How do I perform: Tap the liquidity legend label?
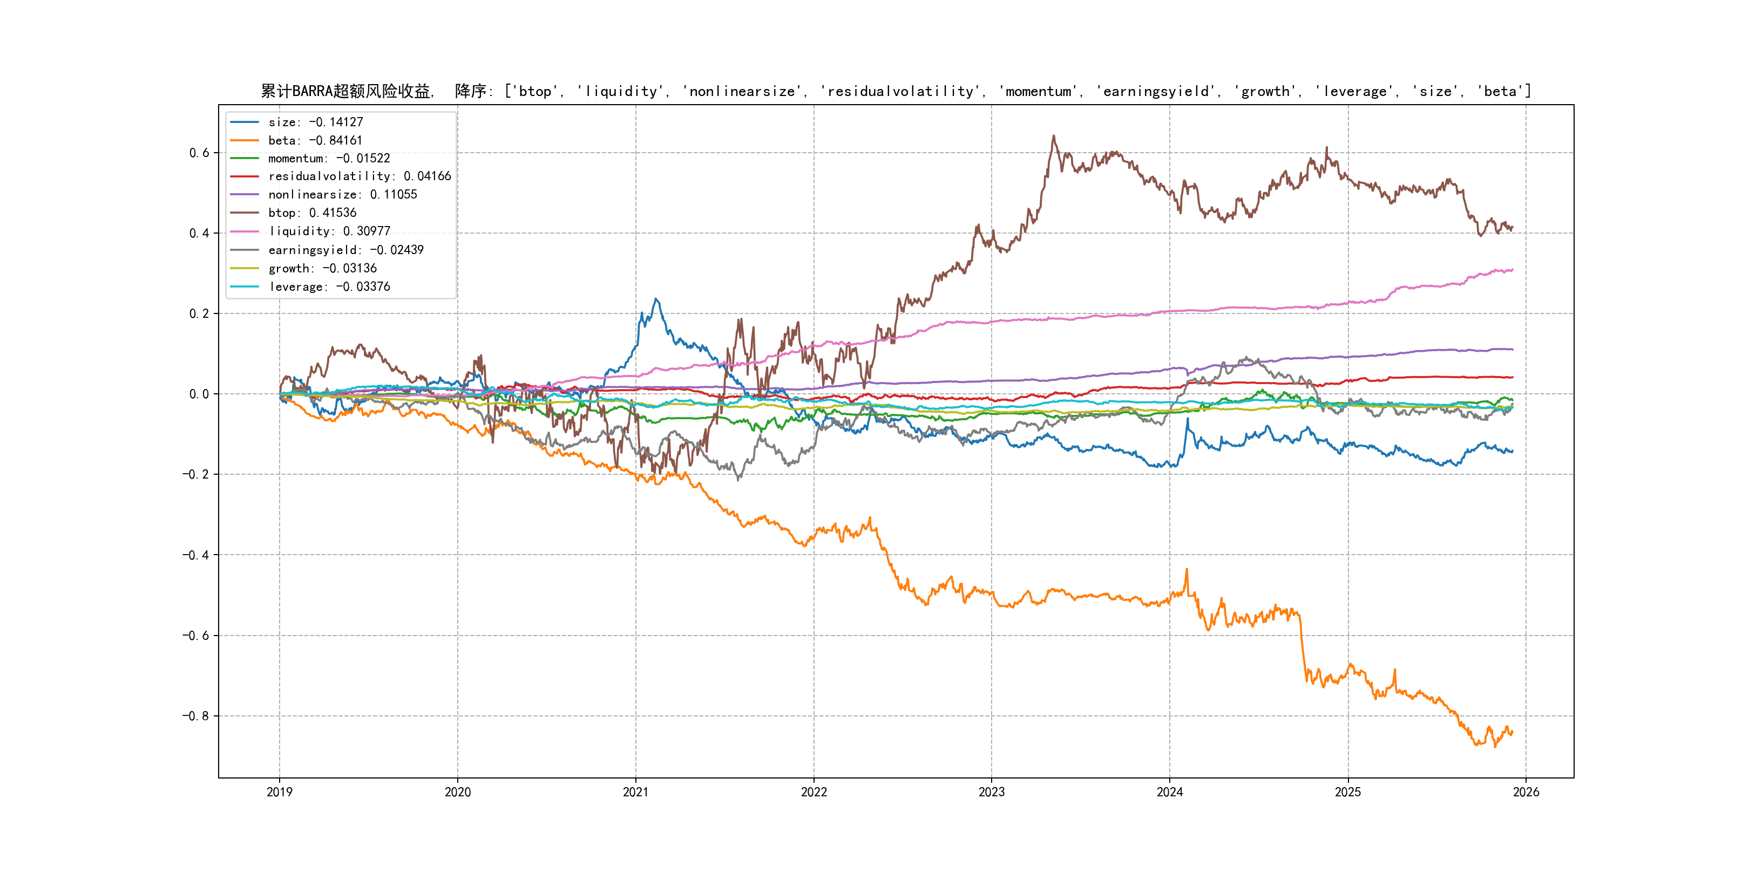click(x=329, y=231)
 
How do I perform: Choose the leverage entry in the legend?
click(x=329, y=287)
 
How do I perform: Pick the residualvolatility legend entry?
click(x=359, y=176)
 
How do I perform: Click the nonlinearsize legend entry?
click(x=342, y=195)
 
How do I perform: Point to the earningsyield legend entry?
click(x=345, y=250)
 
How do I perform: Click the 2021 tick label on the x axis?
click(x=635, y=792)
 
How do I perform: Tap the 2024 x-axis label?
click(x=1170, y=792)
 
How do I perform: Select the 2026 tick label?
click(x=1526, y=792)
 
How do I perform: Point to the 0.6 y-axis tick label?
click(x=199, y=153)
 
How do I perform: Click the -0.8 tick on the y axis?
click(x=195, y=716)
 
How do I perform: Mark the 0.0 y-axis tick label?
click(x=199, y=394)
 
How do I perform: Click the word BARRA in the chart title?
click(x=313, y=91)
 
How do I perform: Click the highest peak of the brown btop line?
click(x=1054, y=136)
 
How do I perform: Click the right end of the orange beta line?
click(x=1513, y=732)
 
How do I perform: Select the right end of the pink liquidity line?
click(x=1513, y=270)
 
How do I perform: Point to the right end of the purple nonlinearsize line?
click(x=1513, y=350)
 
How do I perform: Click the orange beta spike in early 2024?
click(x=1187, y=569)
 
